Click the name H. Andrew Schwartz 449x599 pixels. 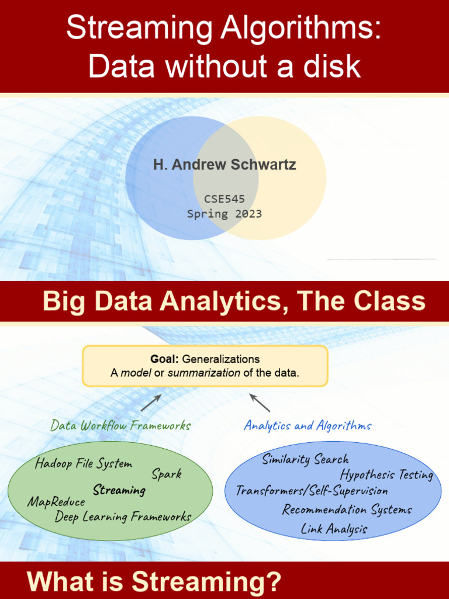pyautogui.click(x=224, y=164)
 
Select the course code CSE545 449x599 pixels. pyautogui.click(x=224, y=199)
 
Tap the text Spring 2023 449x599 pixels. pyautogui.click(x=224, y=214)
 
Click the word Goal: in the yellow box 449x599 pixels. pyautogui.click(x=164, y=359)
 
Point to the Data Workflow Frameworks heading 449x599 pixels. pyautogui.click(x=120, y=425)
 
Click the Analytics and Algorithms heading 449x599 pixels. pyautogui.click(x=308, y=425)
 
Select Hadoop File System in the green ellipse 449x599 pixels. pyautogui.click(x=83, y=464)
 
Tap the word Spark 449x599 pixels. pyautogui.click(x=167, y=474)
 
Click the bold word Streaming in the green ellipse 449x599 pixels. pyautogui.click(x=119, y=490)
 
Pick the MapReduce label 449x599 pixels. pyautogui.click(x=56, y=502)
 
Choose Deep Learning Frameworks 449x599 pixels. pyautogui.click(x=123, y=517)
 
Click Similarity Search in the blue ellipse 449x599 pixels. pyautogui.click(x=305, y=459)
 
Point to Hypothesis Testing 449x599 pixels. pyautogui.click(x=386, y=474)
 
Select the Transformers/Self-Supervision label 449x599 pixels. pyautogui.click(x=312, y=490)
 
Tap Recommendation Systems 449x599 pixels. pyautogui.click(x=347, y=510)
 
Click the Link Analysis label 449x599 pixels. pyautogui.click(x=334, y=529)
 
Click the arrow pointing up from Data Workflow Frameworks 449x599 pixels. pyautogui.click(x=151, y=402)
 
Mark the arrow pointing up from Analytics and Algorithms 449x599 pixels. pyautogui.click(x=260, y=402)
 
